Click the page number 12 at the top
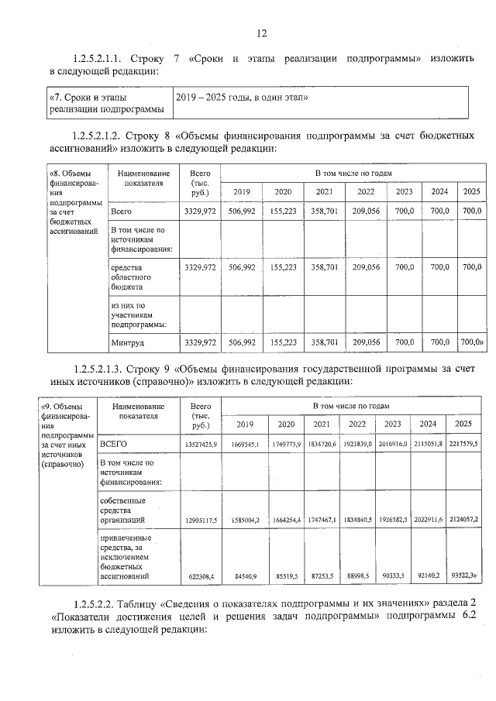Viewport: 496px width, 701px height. (261, 33)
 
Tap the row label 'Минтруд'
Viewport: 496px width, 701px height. (127, 342)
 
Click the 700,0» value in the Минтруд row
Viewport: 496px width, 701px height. (472, 342)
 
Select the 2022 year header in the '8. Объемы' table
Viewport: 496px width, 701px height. (365, 192)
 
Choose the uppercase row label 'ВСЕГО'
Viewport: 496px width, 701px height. (113, 444)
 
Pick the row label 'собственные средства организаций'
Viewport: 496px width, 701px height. (128, 510)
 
